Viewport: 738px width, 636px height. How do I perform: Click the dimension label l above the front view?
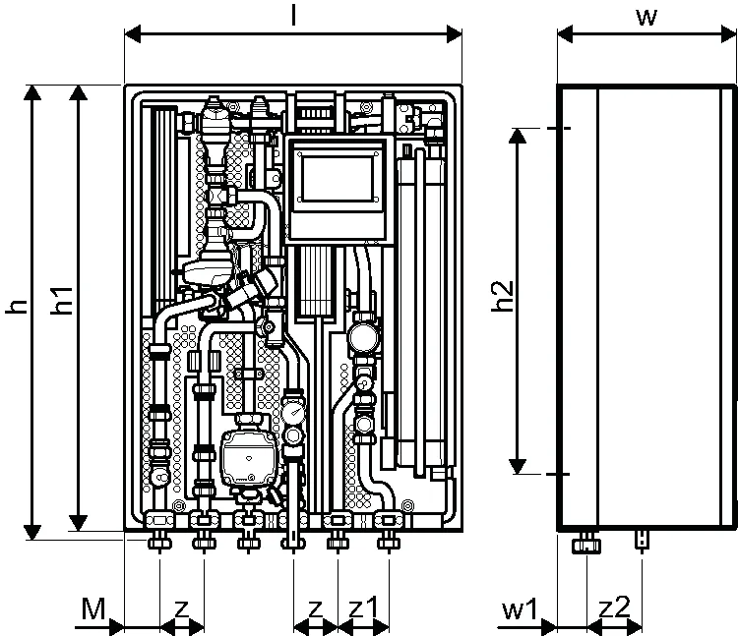[293, 15]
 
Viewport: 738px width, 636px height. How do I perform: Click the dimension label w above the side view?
[646, 18]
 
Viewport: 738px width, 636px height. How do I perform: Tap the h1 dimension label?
[63, 301]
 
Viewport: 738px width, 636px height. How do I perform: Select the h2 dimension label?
[502, 296]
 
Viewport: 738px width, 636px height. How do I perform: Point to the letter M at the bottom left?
[93, 608]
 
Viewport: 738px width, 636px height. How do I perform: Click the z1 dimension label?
[363, 608]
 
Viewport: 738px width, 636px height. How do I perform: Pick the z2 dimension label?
[615, 607]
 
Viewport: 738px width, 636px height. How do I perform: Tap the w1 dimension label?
[520, 609]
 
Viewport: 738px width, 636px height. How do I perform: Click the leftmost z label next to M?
[182, 610]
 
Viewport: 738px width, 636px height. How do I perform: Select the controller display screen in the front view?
[338, 179]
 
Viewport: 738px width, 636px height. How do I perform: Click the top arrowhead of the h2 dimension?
[518, 136]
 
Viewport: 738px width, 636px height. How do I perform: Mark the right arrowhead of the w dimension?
[728, 34]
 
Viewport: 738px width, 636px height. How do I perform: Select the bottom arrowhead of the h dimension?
[32, 532]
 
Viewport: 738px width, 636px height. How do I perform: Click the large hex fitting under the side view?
[586, 546]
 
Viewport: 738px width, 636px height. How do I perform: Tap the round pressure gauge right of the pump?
[293, 411]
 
